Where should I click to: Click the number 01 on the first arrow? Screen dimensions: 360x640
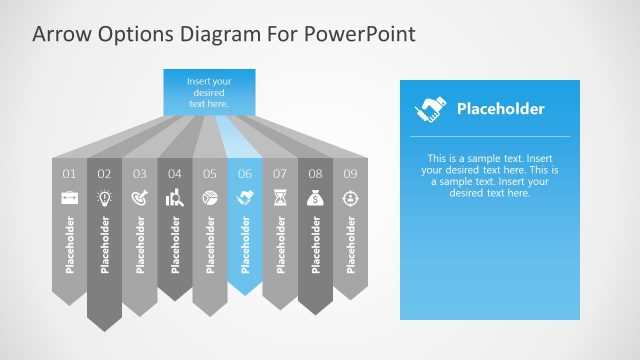pyautogui.click(x=70, y=174)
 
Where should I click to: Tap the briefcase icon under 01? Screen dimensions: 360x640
pyautogui.click(x=70, y=198)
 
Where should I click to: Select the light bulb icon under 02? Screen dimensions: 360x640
pyautogui.click(x=105, y=198)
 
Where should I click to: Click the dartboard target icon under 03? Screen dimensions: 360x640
pyautogui.click(x=140, y=198)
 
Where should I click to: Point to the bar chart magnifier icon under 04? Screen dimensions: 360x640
pyautogui.click(x=175, y=198)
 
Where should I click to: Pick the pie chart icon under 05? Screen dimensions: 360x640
pyautogui.click(x=210, y=198)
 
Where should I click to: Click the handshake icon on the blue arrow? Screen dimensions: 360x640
pyautogui.click(x=245, y=198)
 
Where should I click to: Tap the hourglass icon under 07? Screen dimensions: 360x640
pyautogui.click(x=280, y=198)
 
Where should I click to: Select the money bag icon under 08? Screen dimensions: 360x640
pyautogui.click(x=315, y=198)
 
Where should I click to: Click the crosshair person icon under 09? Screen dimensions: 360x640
pyautogui.click(x=350, y=198)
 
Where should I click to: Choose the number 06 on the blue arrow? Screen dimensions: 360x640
pyautogui.click(x=245, y=174)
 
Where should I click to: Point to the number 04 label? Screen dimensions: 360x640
pyautogui.click(x=175, y=174)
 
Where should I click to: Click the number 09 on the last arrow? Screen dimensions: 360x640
pyautogui.click(x=350, y=174)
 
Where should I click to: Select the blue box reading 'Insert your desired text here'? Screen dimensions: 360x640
pyautogui.click(x=209, y=91)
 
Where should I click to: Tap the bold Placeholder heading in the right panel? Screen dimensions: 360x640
pyautogui.click(x=500, y=109)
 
